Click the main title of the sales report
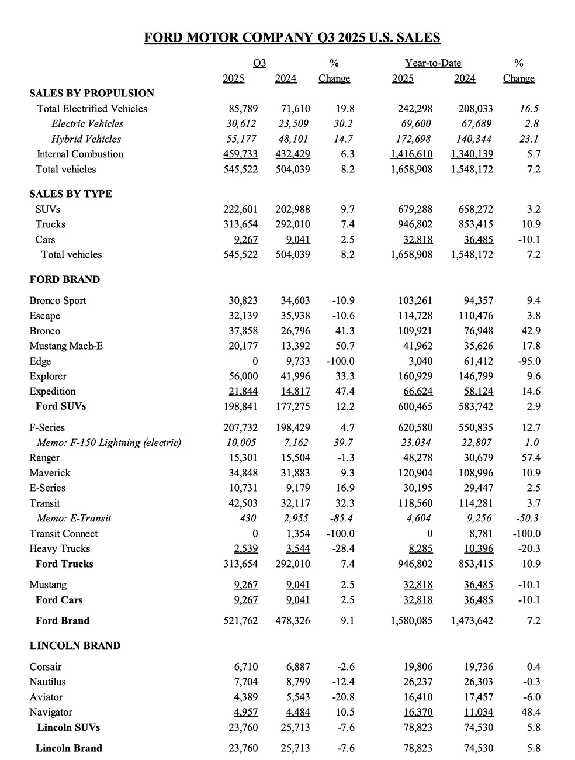click(x=292, y=38)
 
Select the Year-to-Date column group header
click(x=433, y=63)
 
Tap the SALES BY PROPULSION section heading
click(x=92, y=94)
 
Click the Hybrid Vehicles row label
click(x=86, y=139)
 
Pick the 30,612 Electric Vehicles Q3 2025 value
click(x=241, y=124)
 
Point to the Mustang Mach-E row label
click(x=66, y=346)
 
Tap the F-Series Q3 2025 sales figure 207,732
click(x=240, y=428)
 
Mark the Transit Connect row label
click(x=64, y=534)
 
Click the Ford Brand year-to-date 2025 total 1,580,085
click(x=411, y=621)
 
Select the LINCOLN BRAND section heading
click(x=75, y=646)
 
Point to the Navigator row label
click(x=51, y=713)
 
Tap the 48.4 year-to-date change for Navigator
click(x=532, y=713)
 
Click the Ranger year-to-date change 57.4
click(x=531, y=458)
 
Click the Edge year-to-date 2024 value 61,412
click(x=474, y=361)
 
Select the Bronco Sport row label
click(x=58, y=301)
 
